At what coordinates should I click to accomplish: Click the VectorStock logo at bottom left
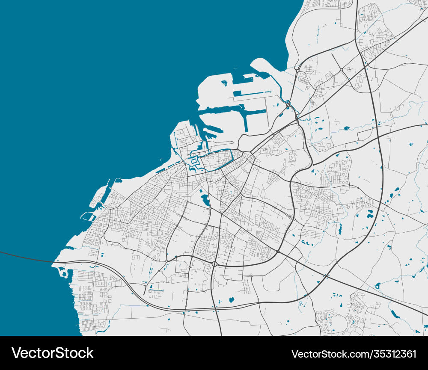point(53,353)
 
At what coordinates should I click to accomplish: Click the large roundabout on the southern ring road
point(214,264)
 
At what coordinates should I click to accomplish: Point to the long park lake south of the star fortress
point(205,199)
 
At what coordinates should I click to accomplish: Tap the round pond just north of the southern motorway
point(232,299)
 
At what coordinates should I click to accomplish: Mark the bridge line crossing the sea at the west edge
point(26,257)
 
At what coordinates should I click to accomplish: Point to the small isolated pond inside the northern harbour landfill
point(224,83)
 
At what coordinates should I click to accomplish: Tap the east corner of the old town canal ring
point(232,150)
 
